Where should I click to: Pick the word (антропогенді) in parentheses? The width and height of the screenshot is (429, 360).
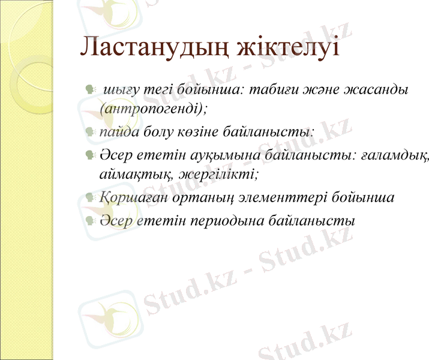point(154,109)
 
